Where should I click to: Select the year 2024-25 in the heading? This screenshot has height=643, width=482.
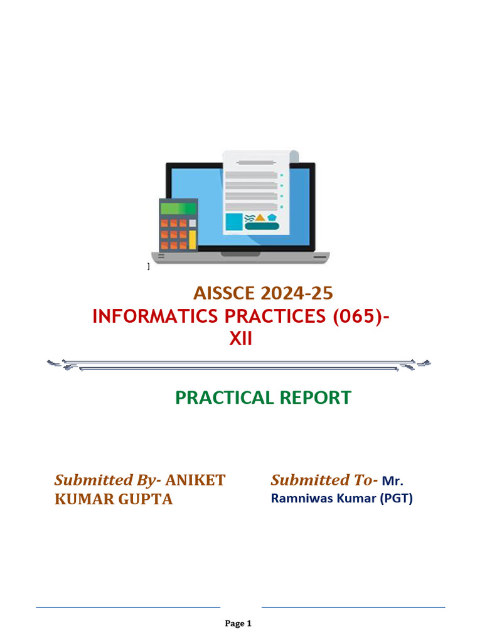pos(298,293)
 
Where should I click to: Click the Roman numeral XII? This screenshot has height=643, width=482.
pos(240,339)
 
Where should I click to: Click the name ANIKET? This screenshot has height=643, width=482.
pos(195,480)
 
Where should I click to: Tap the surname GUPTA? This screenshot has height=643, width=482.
pos(145,500)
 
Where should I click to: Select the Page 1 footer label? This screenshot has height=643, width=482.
pos(238,624)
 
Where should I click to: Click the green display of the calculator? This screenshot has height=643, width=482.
pos(178,208)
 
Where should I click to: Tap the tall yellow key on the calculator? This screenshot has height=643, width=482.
pos(193,239)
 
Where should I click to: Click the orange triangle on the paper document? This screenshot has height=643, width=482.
pos(260,217)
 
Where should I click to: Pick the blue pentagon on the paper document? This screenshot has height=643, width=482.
pos(272,217)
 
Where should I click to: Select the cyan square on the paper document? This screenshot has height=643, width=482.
pos(234,222)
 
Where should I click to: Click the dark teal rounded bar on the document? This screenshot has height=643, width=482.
pos(262,226)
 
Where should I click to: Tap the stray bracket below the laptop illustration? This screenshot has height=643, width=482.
pos(148,267)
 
